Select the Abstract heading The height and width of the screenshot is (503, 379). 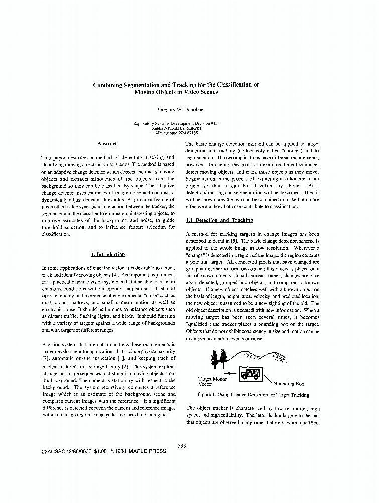pyautogui.click(x=107, y=144)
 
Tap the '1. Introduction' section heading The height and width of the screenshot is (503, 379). pyautogui.click(x=108, y=254)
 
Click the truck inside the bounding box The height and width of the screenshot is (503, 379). pyautogui.click(x=249, y=374)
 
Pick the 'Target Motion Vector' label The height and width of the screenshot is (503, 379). pyautogui.click(x=213, y=381)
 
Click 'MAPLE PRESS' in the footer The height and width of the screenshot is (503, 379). pyautogui.click(x=146, y=451)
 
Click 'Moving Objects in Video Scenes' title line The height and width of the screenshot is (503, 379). pyautogui.click(x=176, y=92)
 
